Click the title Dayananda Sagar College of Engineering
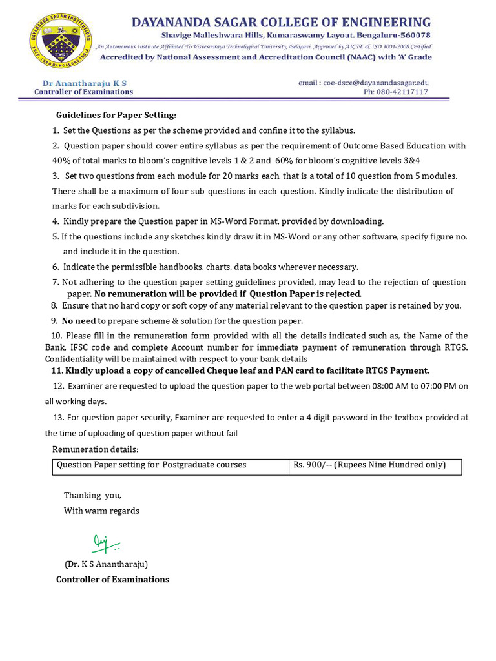[x=281, y=23]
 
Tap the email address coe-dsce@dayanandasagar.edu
[x=363, y=83]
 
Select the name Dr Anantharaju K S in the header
[x=84, y=83]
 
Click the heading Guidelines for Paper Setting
[x=116, y=115]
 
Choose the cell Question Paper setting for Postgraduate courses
[x=152, y=465]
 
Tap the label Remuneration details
[x=95, y=449]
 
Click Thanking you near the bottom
[x=92, y=495]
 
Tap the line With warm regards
[x=101, y=511]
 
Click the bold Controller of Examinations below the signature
[x=112, y=579]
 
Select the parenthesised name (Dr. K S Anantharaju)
[x=106, y=564]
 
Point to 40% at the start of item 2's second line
[x=62, y=160]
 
